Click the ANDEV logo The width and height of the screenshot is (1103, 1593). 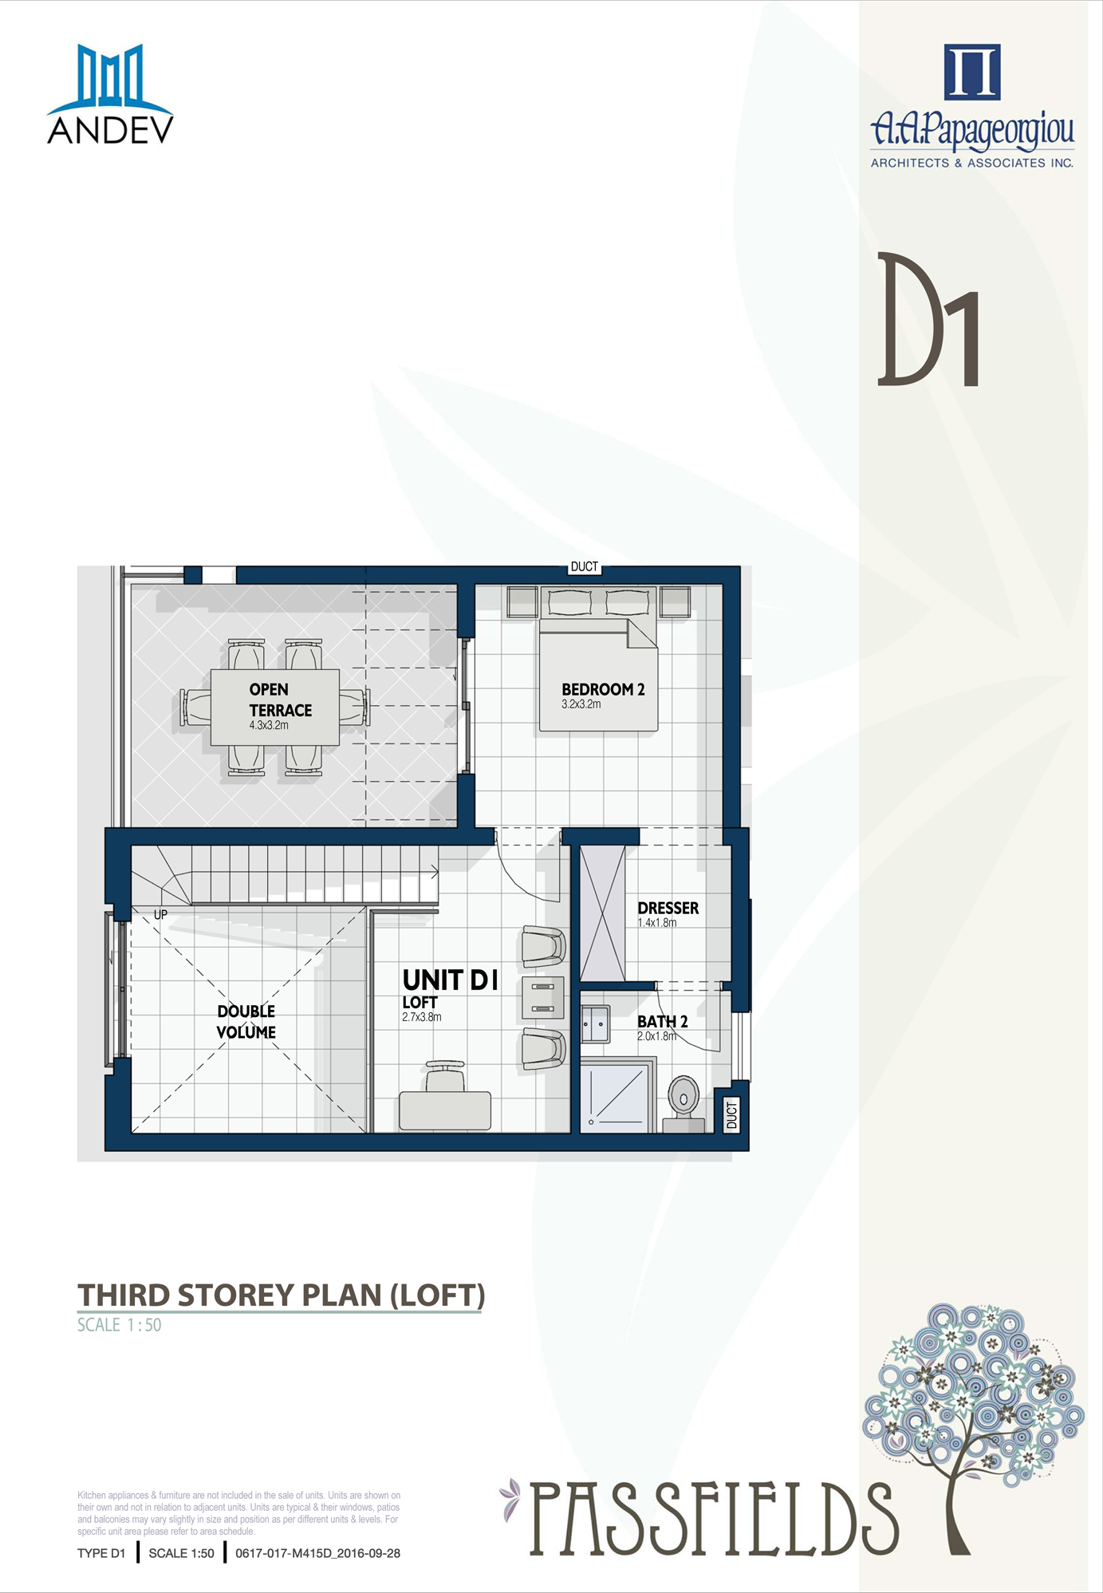tap(110, 94)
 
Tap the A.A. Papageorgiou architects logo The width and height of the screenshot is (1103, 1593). tap(972, 105)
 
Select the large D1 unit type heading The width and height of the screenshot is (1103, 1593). tap(928, 319)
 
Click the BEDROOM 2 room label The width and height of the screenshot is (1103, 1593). tap(603, 689)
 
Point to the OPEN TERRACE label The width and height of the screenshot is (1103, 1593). tap(280, 700)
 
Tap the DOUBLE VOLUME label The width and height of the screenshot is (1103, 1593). tap(246, 1021)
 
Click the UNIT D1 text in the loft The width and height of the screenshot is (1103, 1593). tap(451, 980)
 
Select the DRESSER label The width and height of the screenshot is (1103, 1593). tap(668, 908)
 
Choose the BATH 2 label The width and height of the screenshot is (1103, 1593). tap(662, 1021)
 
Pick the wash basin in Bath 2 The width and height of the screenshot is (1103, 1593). tap(595, 1024)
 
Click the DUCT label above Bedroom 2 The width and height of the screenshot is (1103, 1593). tap(585, 566)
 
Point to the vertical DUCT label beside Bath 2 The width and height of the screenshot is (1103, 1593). tap(732, 1114)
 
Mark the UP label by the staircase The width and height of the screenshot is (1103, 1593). tap(161, 914)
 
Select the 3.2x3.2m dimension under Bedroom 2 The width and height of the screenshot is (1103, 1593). tap(581, 704)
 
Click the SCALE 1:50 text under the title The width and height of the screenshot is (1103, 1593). tap(119, 1325)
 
